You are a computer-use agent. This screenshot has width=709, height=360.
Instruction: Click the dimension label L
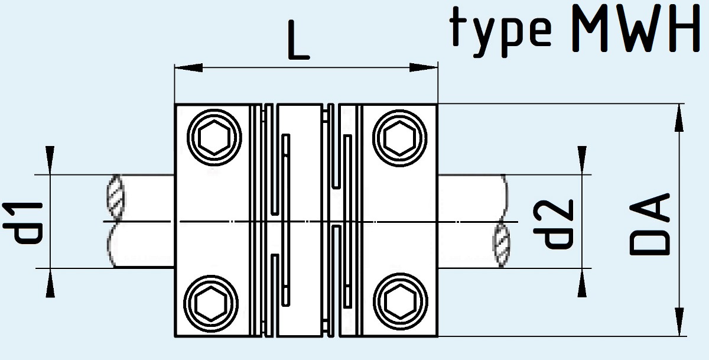(298, 40)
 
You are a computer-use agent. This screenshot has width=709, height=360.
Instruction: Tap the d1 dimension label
(23, 223)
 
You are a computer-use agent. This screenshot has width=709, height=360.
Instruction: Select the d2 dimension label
(553, 224)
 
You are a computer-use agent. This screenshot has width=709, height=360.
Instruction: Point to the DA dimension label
(649, 224)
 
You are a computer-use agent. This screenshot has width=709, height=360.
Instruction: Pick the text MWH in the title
(636, 28)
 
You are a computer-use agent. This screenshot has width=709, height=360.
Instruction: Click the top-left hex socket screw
(214, 138)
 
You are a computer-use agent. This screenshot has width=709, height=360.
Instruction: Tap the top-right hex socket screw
(400, 138)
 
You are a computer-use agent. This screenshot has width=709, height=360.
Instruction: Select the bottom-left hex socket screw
(211, 303)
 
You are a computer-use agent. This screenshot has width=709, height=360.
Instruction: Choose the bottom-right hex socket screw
(401, 301)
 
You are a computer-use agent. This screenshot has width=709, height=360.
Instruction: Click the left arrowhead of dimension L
(188, 67)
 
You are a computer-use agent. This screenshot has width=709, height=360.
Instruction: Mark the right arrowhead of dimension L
(424, 67)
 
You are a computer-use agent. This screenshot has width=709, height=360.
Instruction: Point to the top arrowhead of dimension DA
(679, 118)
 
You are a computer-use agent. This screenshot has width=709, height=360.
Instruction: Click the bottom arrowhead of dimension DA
(679, 322)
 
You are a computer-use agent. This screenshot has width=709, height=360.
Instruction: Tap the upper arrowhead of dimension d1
(50, 160)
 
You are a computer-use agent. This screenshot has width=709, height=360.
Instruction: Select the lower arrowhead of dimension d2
(582, 283)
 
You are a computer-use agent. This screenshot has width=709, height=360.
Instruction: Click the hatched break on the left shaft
(116, 196)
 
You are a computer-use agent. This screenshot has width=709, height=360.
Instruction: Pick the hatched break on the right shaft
(502, 245)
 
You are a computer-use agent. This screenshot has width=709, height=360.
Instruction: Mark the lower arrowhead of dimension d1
(50, 283)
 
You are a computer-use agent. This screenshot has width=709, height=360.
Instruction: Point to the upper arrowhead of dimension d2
(582, 160)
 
